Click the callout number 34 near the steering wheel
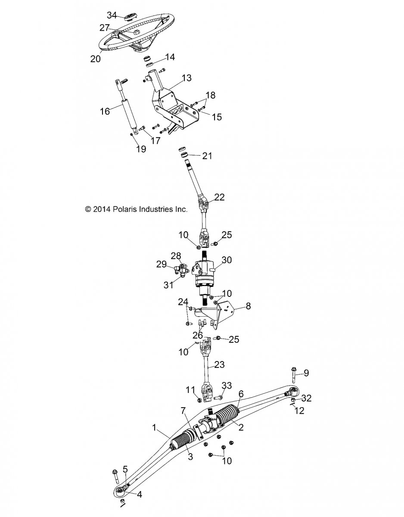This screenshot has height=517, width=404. coord(112,16)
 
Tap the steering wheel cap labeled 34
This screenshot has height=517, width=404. coord(129,18)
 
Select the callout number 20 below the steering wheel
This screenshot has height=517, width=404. coord(96,59)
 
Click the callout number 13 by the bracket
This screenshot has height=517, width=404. coord(186,78)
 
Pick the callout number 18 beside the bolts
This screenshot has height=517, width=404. coord(210,95)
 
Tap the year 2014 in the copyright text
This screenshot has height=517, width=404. coord(101,209)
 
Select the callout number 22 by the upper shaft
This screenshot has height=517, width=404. coord(219,197)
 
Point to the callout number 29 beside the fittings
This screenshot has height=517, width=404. coord(162,264)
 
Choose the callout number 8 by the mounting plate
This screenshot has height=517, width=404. coord(248,306)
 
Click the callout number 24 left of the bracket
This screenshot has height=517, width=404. coord(183,302)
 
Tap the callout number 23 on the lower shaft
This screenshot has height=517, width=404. coord(219,365)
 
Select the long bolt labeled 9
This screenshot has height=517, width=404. coord(292,379)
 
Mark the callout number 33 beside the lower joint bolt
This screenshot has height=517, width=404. coord(227,385)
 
